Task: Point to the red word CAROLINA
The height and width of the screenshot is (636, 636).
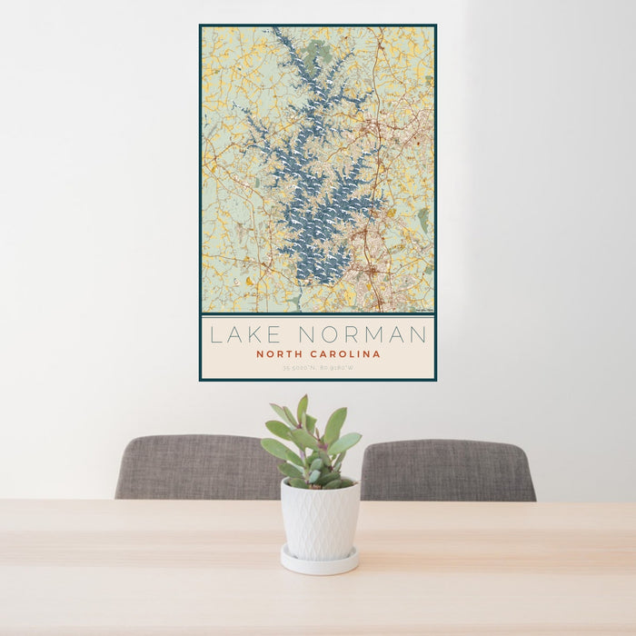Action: point(346,354)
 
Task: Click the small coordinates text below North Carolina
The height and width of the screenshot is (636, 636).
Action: point(318,369)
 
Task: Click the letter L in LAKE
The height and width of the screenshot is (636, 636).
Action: point(216,334)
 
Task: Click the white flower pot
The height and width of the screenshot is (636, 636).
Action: point(319,520)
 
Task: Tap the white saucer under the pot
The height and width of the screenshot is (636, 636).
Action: point(319,562)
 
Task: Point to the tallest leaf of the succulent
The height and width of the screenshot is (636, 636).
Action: point(302,409)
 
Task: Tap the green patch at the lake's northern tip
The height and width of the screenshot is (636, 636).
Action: point(317,50)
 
